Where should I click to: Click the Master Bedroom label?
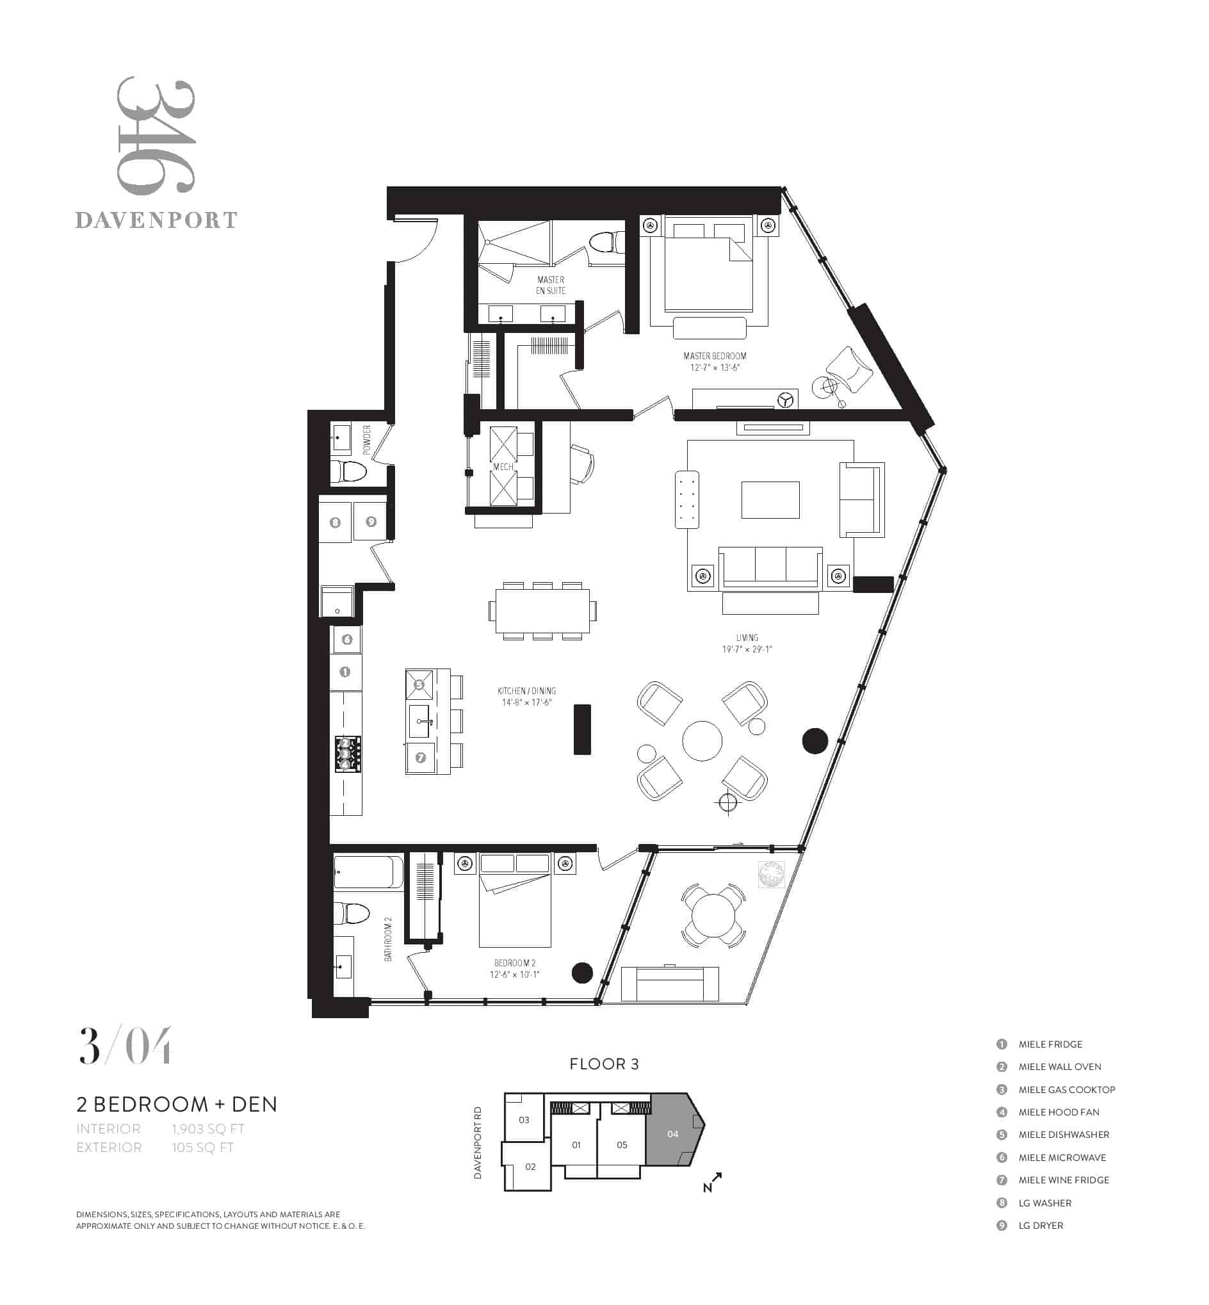(x=715, y=356)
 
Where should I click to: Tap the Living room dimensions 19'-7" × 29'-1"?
(x=747, y=649)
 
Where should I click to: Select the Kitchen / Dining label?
(x=526, y=691)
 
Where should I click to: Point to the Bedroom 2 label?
(x=515, y=963)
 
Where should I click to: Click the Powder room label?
(x=366, y=441)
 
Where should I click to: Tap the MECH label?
(x=503, y=467)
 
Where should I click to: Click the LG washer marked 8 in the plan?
(x=336, y=522)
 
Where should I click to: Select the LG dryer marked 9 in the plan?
(x=371, y=521)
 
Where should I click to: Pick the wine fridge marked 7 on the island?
(x=421, y=758)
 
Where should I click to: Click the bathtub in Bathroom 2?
(x=368, y=872)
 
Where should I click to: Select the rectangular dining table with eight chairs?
(x=542, y=610)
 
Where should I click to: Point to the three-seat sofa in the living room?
(x=770, y=568)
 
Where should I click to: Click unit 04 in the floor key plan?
(x=674, y=1133)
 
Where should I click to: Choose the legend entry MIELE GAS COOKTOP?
(x=1066, y=1089)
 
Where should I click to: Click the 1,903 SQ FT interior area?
(x=208, y=1128)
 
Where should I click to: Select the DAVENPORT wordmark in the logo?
(x=156, y=220)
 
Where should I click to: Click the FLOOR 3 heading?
(x=604, y=1064)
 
